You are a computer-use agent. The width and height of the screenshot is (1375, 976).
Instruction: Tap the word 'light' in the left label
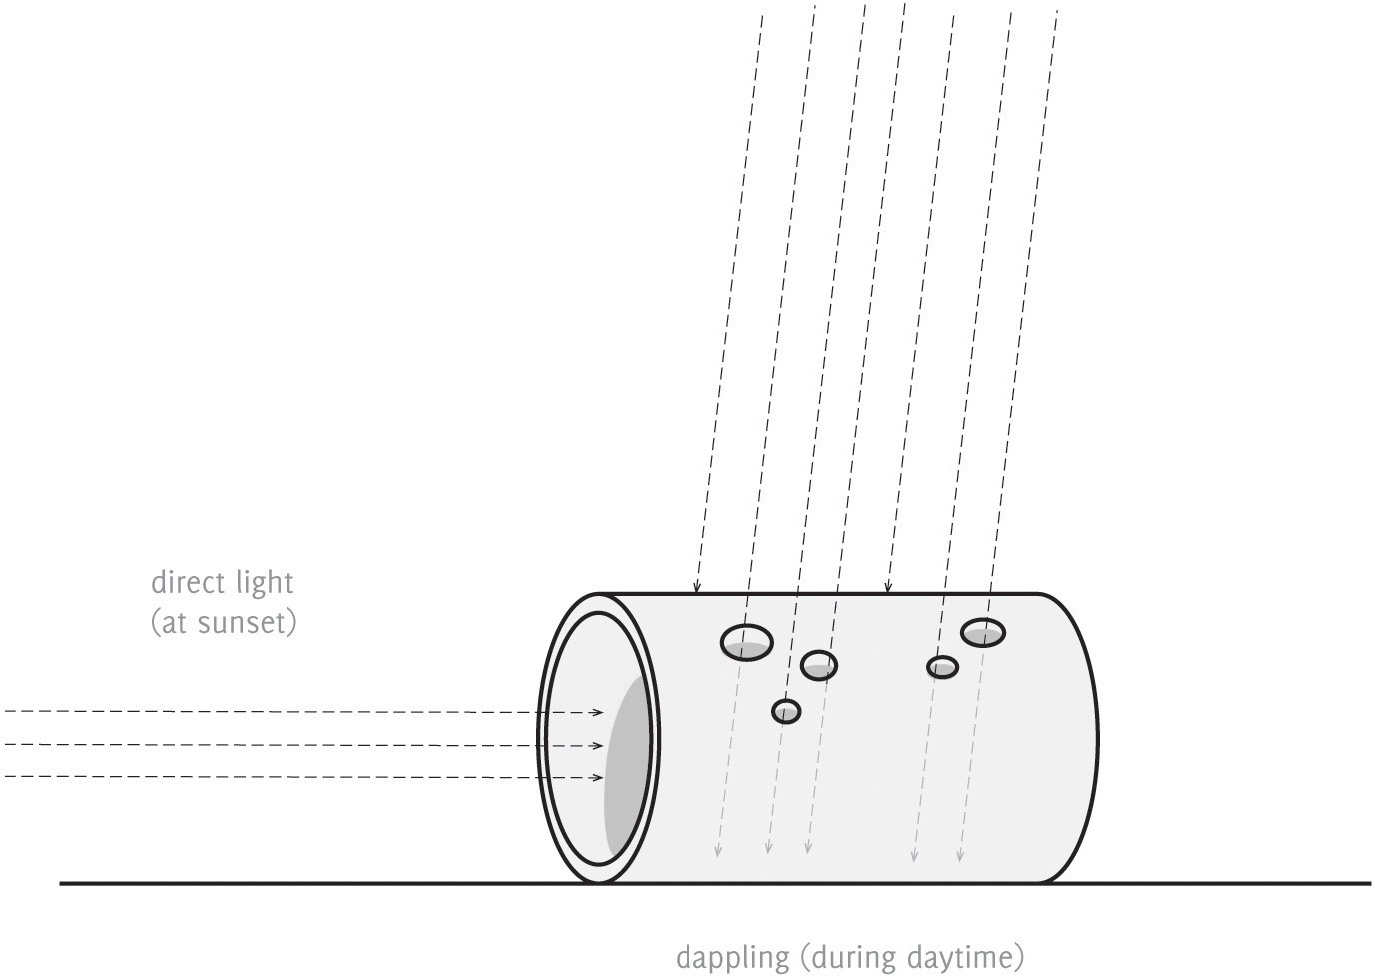[265, 583]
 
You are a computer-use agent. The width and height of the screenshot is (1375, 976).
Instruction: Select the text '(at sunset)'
[224, 623]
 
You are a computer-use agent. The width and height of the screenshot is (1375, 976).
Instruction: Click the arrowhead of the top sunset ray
[598, 712]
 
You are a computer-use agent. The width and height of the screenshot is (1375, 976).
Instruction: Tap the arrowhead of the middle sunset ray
[598, 745]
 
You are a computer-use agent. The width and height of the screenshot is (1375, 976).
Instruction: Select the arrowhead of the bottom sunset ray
[598, 777]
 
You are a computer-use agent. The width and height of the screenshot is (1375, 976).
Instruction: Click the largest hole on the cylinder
[747, 641]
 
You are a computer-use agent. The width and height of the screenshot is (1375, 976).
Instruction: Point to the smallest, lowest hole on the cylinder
[786, 711]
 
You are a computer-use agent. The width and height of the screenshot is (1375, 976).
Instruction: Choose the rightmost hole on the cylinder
[983, 632]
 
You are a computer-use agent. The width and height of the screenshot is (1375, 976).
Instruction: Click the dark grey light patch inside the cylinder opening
[626, 766]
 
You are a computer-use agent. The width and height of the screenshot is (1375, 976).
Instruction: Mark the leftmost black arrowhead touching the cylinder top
[697, 587]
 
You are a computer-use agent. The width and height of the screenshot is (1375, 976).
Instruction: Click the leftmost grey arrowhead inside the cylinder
[716, 851]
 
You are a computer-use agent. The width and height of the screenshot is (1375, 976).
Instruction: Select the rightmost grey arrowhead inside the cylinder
[960, 855]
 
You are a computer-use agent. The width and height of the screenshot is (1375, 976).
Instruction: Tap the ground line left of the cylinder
[300, 883]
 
